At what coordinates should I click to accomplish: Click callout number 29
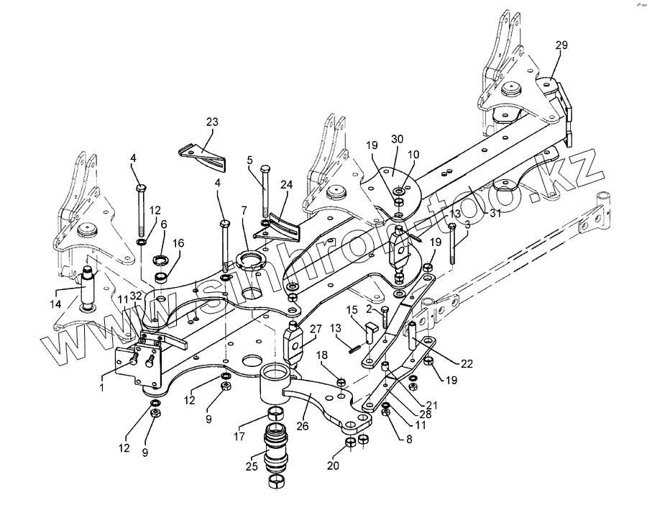tap(561, 45)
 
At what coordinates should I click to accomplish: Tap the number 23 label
tap(211, 122)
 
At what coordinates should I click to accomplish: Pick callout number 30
tap(398, 139)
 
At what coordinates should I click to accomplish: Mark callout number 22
tap(467, 363)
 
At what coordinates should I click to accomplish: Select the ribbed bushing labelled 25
tap(277, 446)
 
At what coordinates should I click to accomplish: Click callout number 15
tap(353, 311)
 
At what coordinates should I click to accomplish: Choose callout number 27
tap(315, 330)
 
